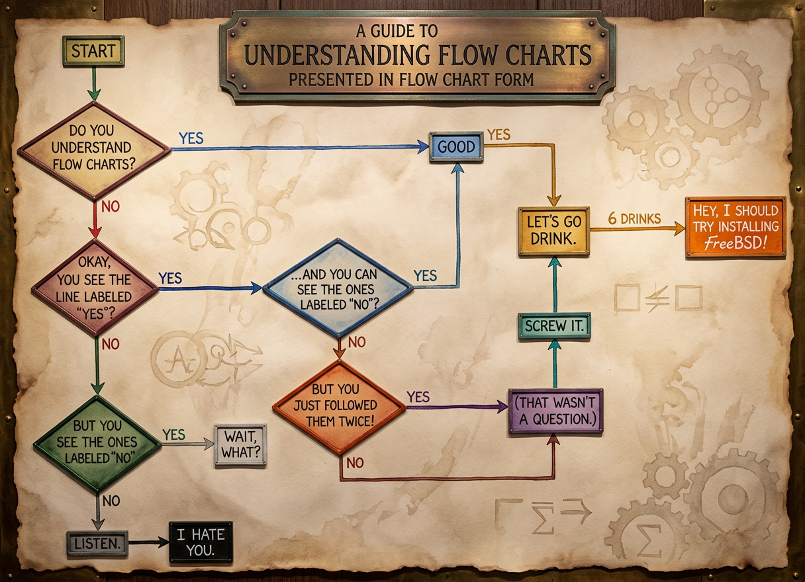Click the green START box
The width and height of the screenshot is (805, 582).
pos(93,51)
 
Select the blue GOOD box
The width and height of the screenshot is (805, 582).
pos(456,147)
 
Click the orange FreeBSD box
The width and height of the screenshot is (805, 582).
pos(735,227)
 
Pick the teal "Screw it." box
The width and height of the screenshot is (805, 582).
pos(555,326)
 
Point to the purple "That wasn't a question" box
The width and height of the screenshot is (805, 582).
pos(555,411)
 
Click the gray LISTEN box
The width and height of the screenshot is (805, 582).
pos(97,543)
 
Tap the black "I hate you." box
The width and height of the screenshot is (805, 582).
pos(201,542)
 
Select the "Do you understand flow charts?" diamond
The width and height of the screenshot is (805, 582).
pos(93,151)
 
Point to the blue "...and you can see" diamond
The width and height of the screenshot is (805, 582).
pos(338,288)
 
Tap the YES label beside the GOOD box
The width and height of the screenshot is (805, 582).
pos(498,135)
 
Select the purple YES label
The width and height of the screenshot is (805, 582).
pos(418,397)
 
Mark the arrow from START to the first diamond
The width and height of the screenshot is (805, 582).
pos(93,84)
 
